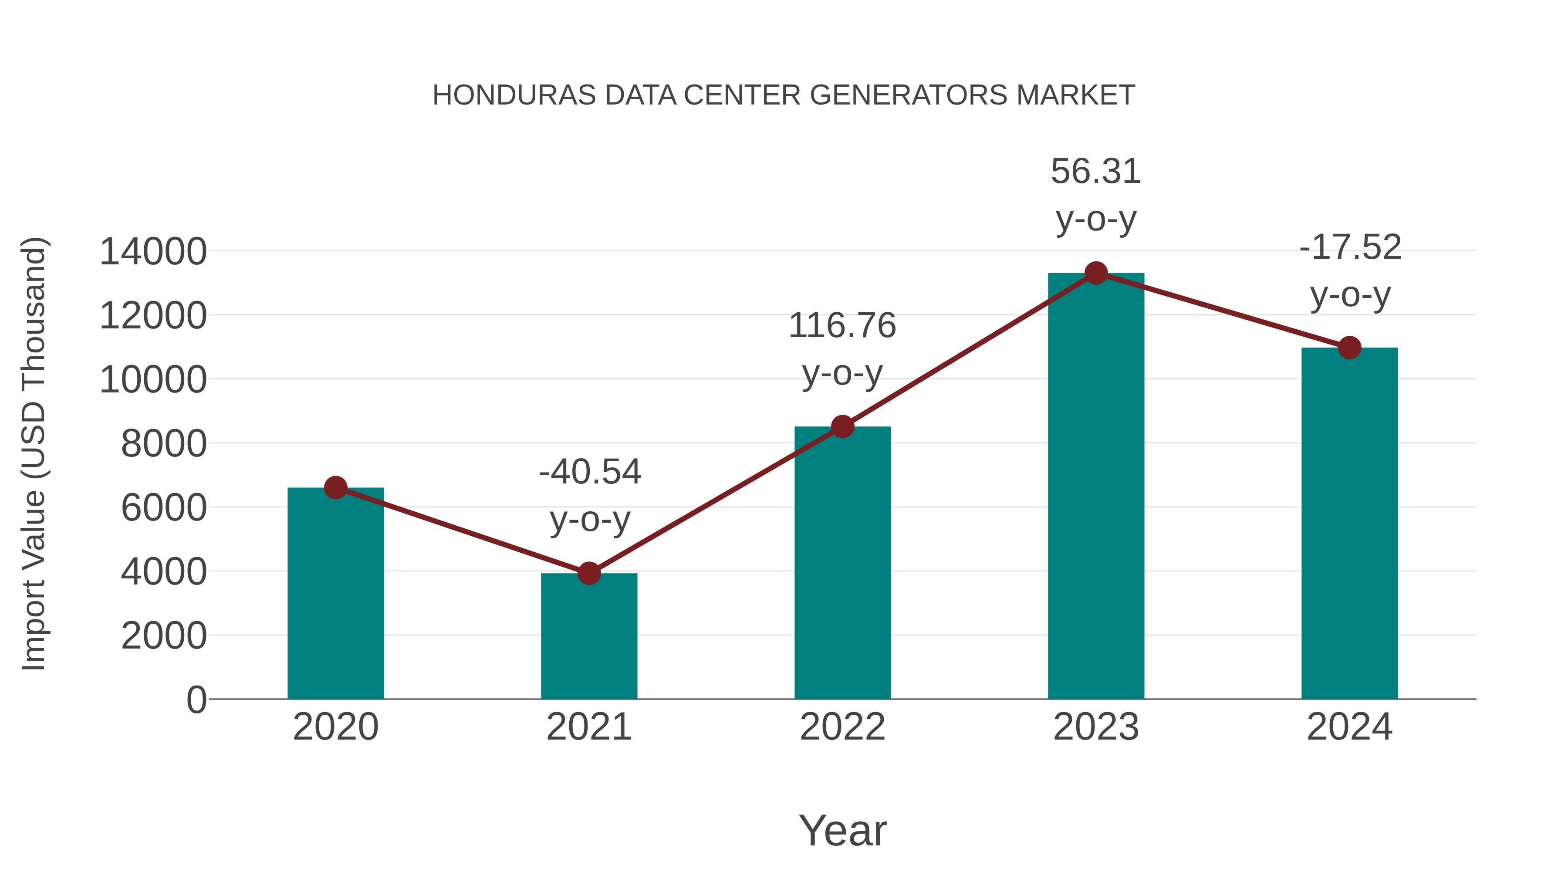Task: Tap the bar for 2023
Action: pos(1096,487)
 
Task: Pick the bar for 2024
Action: pos(1349,524)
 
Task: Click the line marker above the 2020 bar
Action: pos(335,487)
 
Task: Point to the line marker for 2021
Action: pos(588,573)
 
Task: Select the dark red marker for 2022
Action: pos(842,427)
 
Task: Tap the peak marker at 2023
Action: pos(1096,273)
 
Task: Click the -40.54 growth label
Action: pos(590,472)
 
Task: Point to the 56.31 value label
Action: pos(1096,171)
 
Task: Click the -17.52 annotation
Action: pos(1350,247)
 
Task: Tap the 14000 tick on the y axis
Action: pos(153,251)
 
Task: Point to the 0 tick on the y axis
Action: pos(196,700)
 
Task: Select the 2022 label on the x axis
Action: pos(842,727)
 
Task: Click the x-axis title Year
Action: pos(842,830)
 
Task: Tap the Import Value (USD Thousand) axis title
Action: pos(34,453)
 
